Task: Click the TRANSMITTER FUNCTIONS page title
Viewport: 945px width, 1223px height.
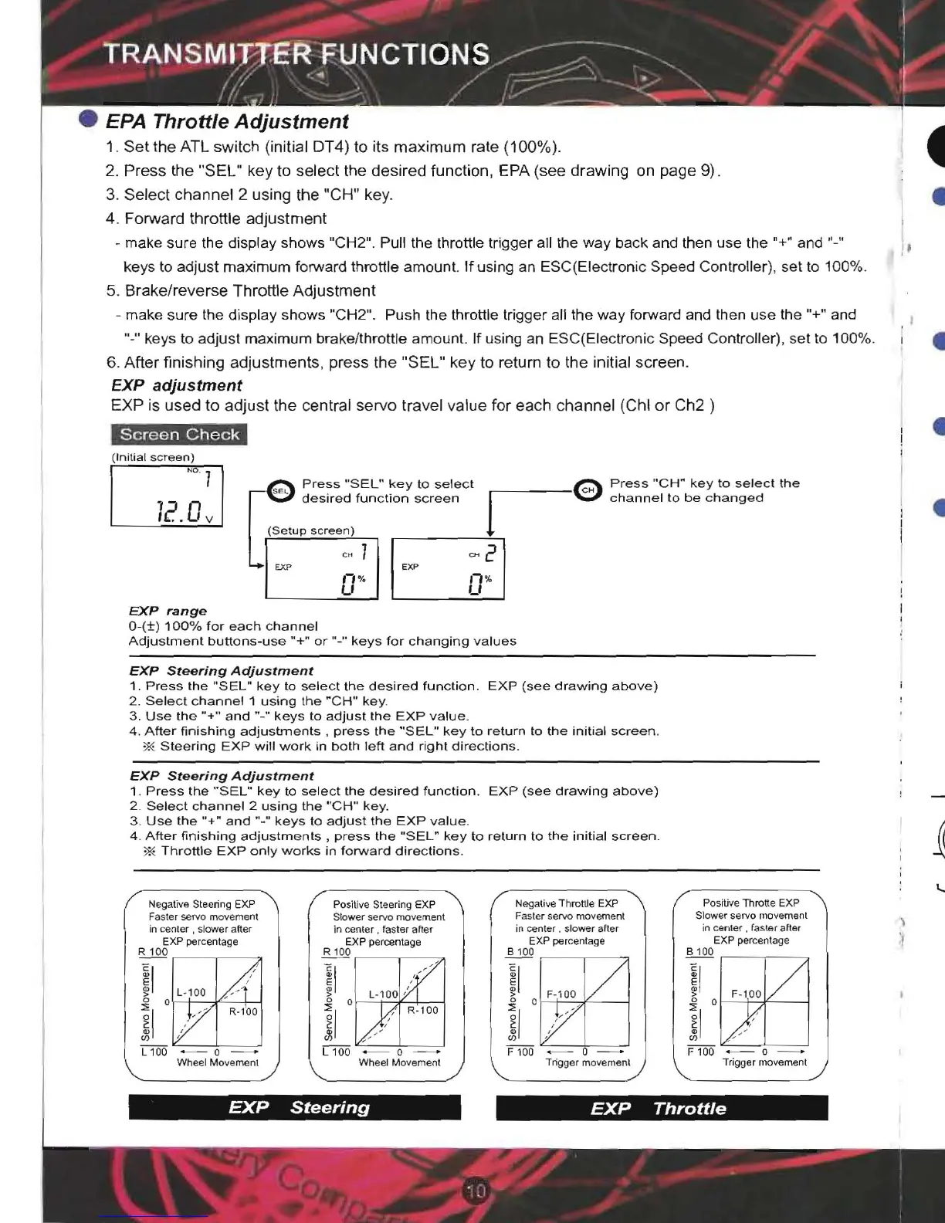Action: (x=297, y=54)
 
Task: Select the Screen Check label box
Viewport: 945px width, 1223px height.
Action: (x=179, y=435)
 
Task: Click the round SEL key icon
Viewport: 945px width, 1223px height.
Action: (x=280, y=491)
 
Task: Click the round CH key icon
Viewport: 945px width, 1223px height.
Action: (x=588, y=490)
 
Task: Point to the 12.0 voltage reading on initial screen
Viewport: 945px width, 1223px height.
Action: (x=179, y=510)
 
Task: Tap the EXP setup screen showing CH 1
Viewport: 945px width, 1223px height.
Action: (x=322, y=569)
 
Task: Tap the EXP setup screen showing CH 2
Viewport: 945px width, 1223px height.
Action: (x=448, y=569)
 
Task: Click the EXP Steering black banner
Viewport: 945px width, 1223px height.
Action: (x=295, y=1107)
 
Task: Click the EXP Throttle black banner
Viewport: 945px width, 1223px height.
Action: (x=662, y=1108)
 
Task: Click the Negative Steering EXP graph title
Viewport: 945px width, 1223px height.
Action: (x=202, y=904)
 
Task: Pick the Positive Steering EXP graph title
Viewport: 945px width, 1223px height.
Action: (x=384, y=904)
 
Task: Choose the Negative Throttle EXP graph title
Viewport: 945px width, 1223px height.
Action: (x=567, y=903)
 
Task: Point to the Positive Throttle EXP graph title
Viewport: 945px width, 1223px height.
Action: (x=750, y=903)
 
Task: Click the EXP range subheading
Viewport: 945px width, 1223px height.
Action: (x=168, y=611)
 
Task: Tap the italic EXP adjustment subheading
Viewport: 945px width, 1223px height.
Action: (x=176, y=385)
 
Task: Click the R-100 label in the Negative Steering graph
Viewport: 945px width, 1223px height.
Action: (x=243, y=1011)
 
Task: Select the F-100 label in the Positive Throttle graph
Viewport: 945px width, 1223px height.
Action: (x=746, y=994)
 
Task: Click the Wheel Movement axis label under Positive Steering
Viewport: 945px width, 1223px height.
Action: (x=399, y=1062)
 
